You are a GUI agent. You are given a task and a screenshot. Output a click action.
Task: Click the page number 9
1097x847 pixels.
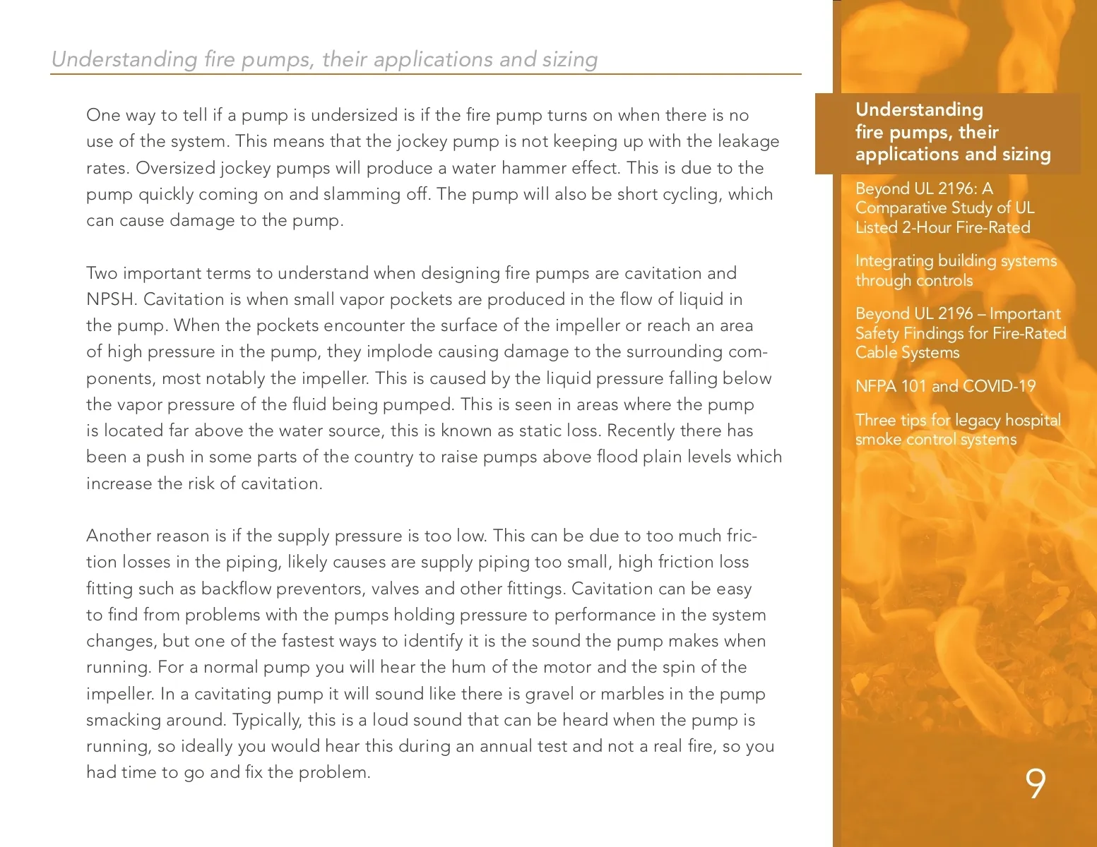(x=1035, y=784)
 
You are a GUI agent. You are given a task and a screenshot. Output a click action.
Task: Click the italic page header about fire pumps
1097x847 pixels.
(x=324, y=59)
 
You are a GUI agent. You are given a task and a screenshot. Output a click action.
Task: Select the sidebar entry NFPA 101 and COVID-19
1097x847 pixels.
(x=944, y=387)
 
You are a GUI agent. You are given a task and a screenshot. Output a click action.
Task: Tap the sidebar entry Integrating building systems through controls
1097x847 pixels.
(x=955, y=270)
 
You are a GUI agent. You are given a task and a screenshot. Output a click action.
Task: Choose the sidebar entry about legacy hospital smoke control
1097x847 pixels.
(x=957, y=430)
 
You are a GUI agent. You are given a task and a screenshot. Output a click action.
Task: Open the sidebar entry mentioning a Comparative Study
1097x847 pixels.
(x=944, y=208)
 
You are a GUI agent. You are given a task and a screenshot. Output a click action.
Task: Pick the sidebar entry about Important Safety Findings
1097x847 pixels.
(x=960, y=333)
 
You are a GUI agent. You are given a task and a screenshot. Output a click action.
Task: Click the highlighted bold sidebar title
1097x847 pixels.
(x=952, y=132)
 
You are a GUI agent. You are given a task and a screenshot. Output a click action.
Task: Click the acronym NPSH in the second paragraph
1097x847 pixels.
(x=110, y=299)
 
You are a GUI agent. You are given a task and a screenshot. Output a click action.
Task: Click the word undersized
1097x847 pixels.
(x=354, y=115)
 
